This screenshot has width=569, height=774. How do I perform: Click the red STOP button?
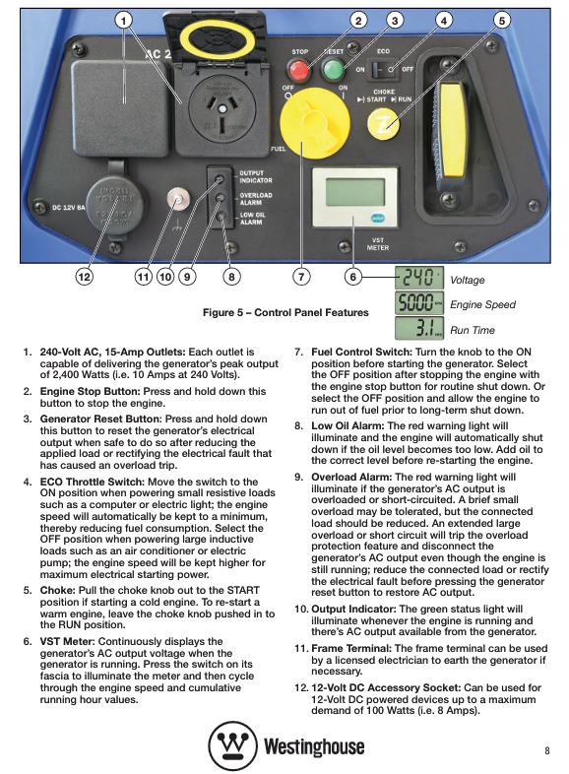(x=299, y=71)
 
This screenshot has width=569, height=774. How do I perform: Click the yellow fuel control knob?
(x=314, y=126)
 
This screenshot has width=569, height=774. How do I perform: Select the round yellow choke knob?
(x=384, y=124)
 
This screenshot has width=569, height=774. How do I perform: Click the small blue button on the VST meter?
(x=378, y=219)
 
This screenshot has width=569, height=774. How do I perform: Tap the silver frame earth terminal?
(x=177, y=200)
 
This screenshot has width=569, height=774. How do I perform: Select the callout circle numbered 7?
(x=301, y=277)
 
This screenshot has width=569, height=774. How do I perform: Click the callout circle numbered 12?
(x=85, y=277)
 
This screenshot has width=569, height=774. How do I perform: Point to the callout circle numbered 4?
(x=444, y=21)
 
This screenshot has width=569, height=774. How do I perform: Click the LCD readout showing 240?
(x=419, y=278)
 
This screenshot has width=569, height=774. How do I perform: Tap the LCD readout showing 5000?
(x=419, y=303)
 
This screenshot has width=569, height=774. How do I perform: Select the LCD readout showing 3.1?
(x=419, y=328)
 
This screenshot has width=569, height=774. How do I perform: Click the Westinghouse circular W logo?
(x=233, y=745)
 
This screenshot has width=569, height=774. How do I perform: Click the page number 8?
(x=546, y=750)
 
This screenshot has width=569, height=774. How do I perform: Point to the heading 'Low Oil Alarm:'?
(x=348, y=425)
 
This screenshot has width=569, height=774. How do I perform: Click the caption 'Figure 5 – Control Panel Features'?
(x=285, y=312)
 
